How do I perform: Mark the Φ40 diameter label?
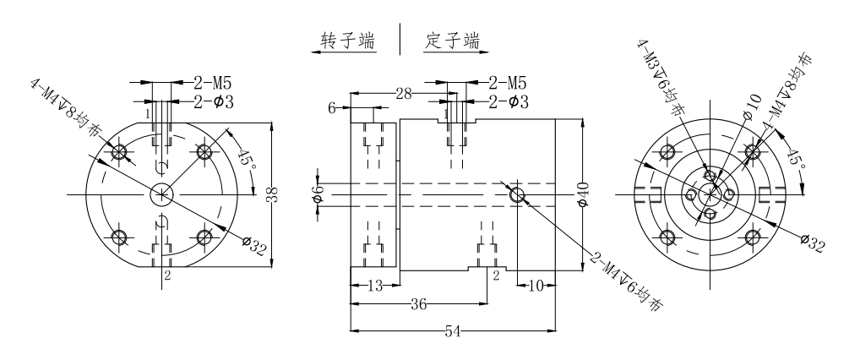click(x=582, y=194)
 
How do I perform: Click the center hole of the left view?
click(x=161, y=194)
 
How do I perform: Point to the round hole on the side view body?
click(x=517, y=195)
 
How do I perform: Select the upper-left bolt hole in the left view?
click(x=119, y=152)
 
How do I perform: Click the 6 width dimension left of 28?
click(x=332, y=109)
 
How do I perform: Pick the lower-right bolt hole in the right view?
click(x=753, y=236)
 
